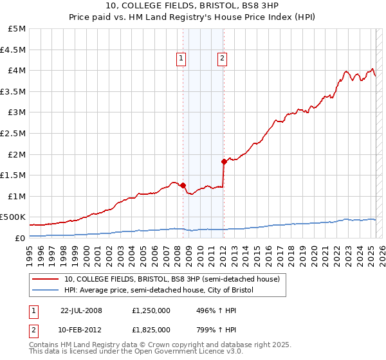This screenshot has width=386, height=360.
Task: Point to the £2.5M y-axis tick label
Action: coord(14,133)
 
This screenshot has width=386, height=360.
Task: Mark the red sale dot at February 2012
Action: coord(224,161)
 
